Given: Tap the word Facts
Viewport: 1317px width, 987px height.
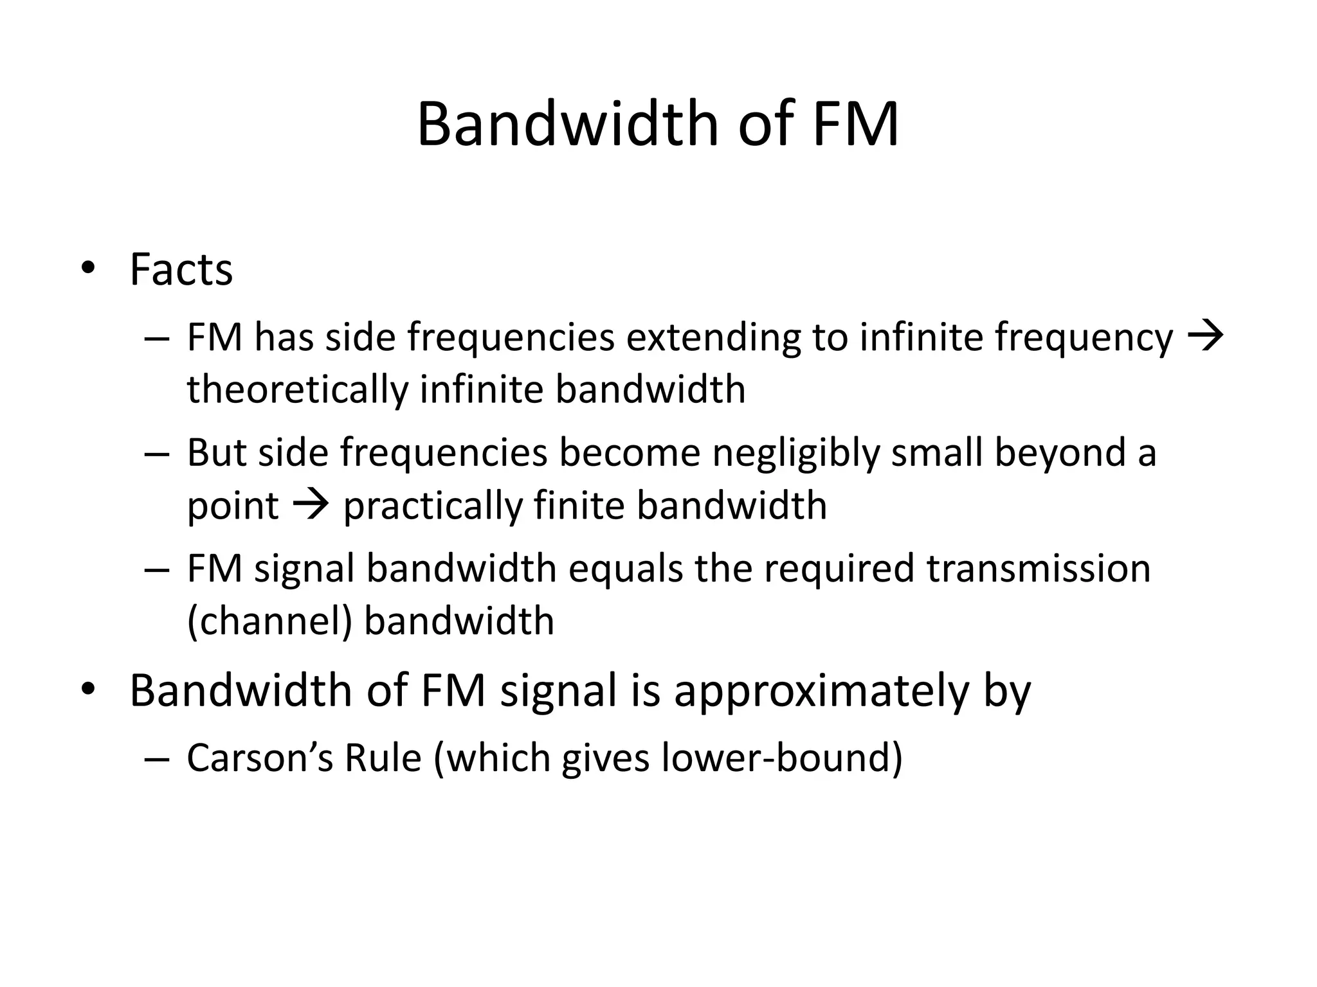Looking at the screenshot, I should click(x=181, y=269).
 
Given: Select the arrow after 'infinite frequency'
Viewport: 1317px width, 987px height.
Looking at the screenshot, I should click(x=1204, y=337).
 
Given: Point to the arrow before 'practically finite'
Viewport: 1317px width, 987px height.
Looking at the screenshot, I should click(x=311, y=504).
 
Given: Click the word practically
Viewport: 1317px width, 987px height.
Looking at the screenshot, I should click(x=432, y=506).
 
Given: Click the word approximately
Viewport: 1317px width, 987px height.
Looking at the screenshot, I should click(x=820, y=691).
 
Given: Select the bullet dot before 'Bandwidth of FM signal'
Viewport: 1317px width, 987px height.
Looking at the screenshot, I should click(x=88, y=689).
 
